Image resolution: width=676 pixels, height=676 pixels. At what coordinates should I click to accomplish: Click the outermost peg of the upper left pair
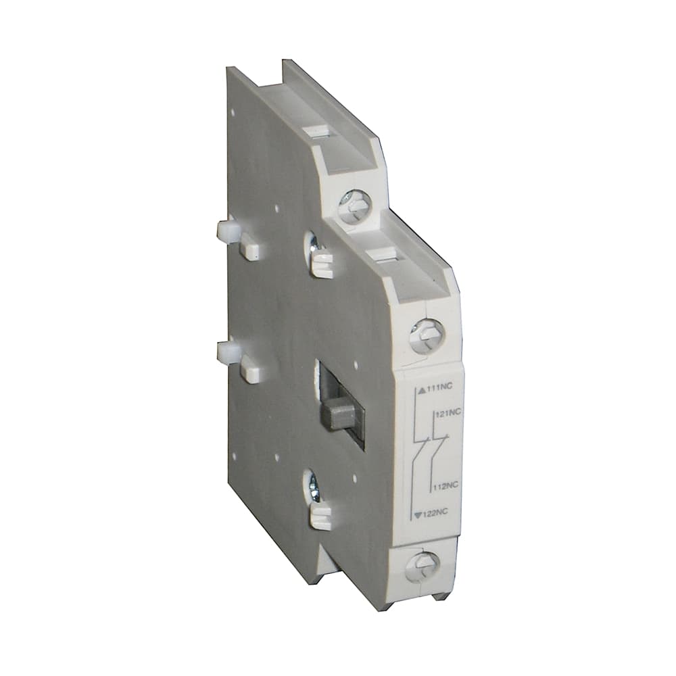[x=225, y=232]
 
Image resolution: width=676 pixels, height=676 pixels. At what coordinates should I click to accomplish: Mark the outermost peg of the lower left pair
[x=225, y=352]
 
